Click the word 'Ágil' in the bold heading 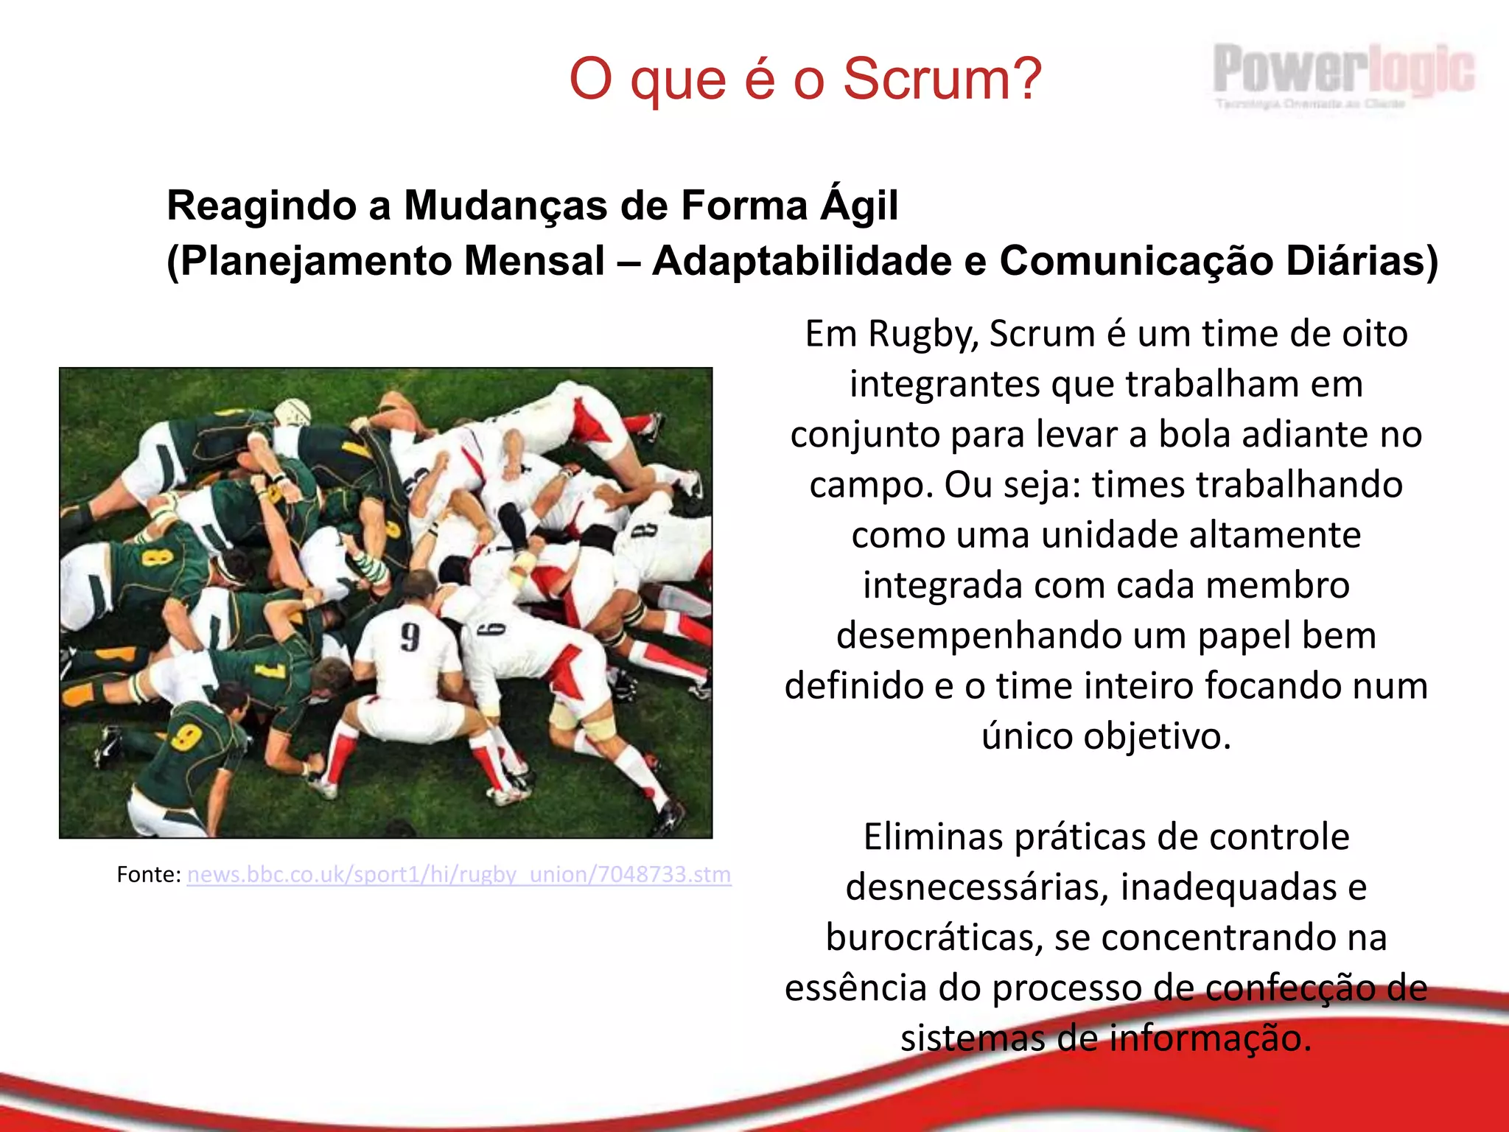pos(859,206)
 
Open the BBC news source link pos(459,874)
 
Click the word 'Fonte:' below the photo pos(148,874)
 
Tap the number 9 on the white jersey pos(410,637)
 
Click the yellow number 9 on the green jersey pos(186,736)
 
